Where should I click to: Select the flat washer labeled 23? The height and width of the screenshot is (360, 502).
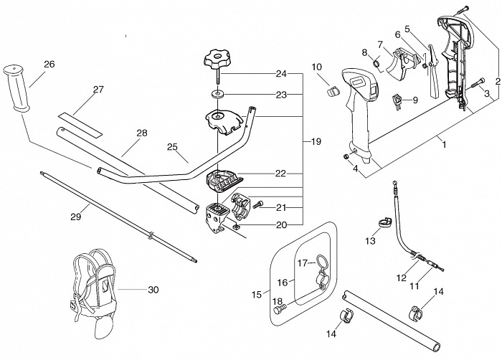(x=218, y=95)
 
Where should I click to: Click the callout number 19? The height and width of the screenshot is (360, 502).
(x=316, y=141)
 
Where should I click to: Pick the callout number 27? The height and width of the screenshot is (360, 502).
(x=99, y=90)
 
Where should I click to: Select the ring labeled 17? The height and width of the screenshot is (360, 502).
(x=323, y=261)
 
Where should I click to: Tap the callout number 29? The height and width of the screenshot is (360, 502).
(x=76, y=217)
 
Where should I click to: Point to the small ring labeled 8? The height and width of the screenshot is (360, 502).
(x=377, y=62)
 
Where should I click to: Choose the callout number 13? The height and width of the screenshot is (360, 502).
(x=370, y=240)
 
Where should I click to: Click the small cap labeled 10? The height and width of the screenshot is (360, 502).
(x=332, y=90)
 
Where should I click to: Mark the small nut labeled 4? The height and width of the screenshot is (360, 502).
(x=346, y=156)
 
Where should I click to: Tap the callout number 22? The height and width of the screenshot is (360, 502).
(x=280, y=174)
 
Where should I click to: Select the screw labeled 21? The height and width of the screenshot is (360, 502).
(x=257, y=204)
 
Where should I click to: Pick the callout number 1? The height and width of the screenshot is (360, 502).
(x=444, y=144)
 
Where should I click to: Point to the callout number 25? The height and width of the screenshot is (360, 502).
(x=172, y=147)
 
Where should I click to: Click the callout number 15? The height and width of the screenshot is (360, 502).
(x=257, y=295)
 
